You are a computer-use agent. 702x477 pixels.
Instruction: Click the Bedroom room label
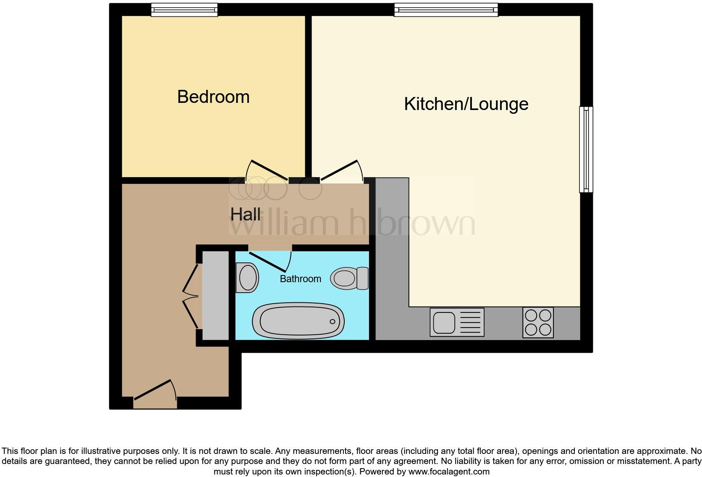[213, 97]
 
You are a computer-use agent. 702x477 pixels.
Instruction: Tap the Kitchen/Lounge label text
[466, 104]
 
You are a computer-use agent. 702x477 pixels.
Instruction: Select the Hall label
[245, 215]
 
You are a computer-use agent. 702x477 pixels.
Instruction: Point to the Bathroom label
[300, 279]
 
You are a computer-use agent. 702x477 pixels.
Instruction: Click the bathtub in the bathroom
[298, 322]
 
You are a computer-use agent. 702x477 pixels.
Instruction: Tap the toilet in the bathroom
[349, 278]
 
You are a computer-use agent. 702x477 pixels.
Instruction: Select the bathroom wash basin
[247, 278]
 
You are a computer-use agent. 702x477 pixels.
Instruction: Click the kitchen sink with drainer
[457, 322]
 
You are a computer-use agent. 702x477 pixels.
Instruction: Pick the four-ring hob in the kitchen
[538, 322]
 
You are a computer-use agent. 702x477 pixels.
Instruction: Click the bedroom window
[184, 10]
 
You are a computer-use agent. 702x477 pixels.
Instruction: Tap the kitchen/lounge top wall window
[446, 10]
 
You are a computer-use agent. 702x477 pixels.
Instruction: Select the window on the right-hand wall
[586, 149]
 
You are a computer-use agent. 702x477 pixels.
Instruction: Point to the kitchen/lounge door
[341, 171]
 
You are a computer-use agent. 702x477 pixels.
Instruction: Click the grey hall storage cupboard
[216, 296]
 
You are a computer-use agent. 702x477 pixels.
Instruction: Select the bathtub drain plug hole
[333, 322]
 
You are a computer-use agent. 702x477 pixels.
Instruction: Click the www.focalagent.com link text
[449, 472]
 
